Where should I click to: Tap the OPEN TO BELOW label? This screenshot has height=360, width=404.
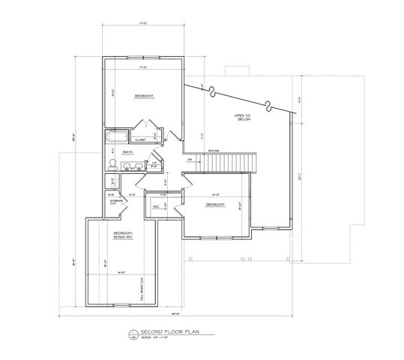click(x=242, y=116)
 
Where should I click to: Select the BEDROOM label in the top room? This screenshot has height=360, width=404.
click(x=144, y=96)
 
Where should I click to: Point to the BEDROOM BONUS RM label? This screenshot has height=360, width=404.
click(x=123, y=235)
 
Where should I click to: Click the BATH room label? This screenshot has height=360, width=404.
click(x=128, y=151)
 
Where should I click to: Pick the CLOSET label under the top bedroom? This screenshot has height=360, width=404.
click(x=140, y=139)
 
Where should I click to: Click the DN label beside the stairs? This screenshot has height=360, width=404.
click(x=190, y=160)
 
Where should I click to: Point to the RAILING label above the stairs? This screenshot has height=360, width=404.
click(x=213, y=149)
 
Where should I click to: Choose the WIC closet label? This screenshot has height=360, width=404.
click(x=157, y=206)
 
